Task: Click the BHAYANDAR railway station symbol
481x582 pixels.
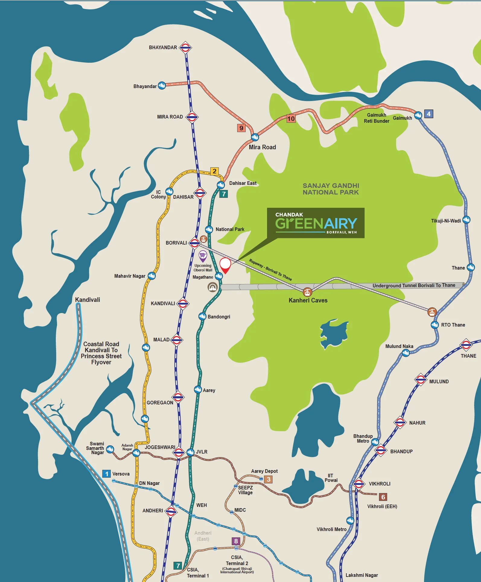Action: pos(185,47)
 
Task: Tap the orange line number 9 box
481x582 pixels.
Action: pos(241,128)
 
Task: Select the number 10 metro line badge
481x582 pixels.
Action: pos(291,119)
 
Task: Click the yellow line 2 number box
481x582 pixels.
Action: pos(214,171)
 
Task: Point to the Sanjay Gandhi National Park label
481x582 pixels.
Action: pos(331,189)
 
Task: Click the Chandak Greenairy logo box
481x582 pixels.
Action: pos(316,223)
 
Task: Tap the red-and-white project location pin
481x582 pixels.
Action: pos(225,265)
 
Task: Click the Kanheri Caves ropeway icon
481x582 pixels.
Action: pos(307,292)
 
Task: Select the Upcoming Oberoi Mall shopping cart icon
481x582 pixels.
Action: pos(203,256)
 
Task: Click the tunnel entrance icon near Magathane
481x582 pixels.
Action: pos(212,287)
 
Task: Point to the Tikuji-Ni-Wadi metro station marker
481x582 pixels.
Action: pos(466,220)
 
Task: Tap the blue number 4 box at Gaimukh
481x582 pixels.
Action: pos(428,114)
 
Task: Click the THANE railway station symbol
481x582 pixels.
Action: pos(466,345)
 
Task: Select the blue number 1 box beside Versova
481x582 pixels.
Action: pos(106,474)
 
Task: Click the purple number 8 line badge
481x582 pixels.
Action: pos(236,541)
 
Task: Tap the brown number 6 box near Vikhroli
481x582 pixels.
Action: pos(383,497)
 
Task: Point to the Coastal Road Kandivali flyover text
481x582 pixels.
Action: pos(101,353)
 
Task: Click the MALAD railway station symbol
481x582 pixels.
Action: pos(177,340)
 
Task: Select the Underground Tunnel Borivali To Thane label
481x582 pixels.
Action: pos(414,285)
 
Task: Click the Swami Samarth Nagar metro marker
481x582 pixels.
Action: pos(110,449)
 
